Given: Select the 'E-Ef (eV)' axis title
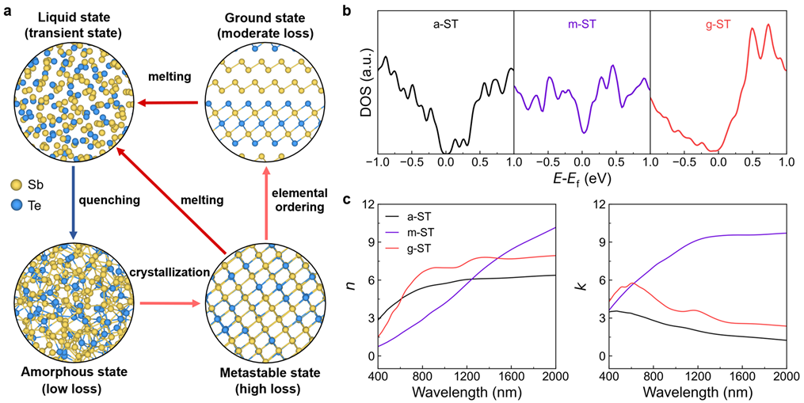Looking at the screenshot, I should click(581, 181).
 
